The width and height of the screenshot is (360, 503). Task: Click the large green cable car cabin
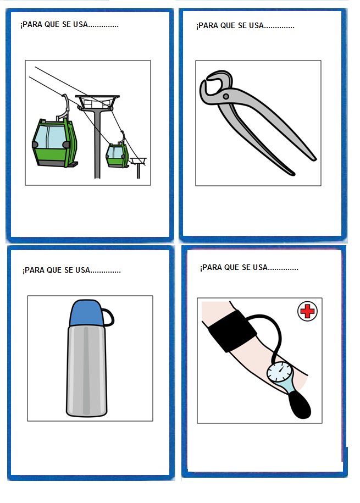54,143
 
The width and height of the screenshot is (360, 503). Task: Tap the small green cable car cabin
117,156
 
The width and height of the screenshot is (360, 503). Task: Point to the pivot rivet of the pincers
226,96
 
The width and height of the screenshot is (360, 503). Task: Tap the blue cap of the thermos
86,313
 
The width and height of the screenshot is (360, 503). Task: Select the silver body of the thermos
87,371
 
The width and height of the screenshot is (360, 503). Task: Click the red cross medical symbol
307,311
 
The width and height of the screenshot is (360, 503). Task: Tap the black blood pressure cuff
231,332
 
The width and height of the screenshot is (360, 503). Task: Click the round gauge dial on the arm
279,372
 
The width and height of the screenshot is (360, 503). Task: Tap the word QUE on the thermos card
54,270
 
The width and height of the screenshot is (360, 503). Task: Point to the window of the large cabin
50,137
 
